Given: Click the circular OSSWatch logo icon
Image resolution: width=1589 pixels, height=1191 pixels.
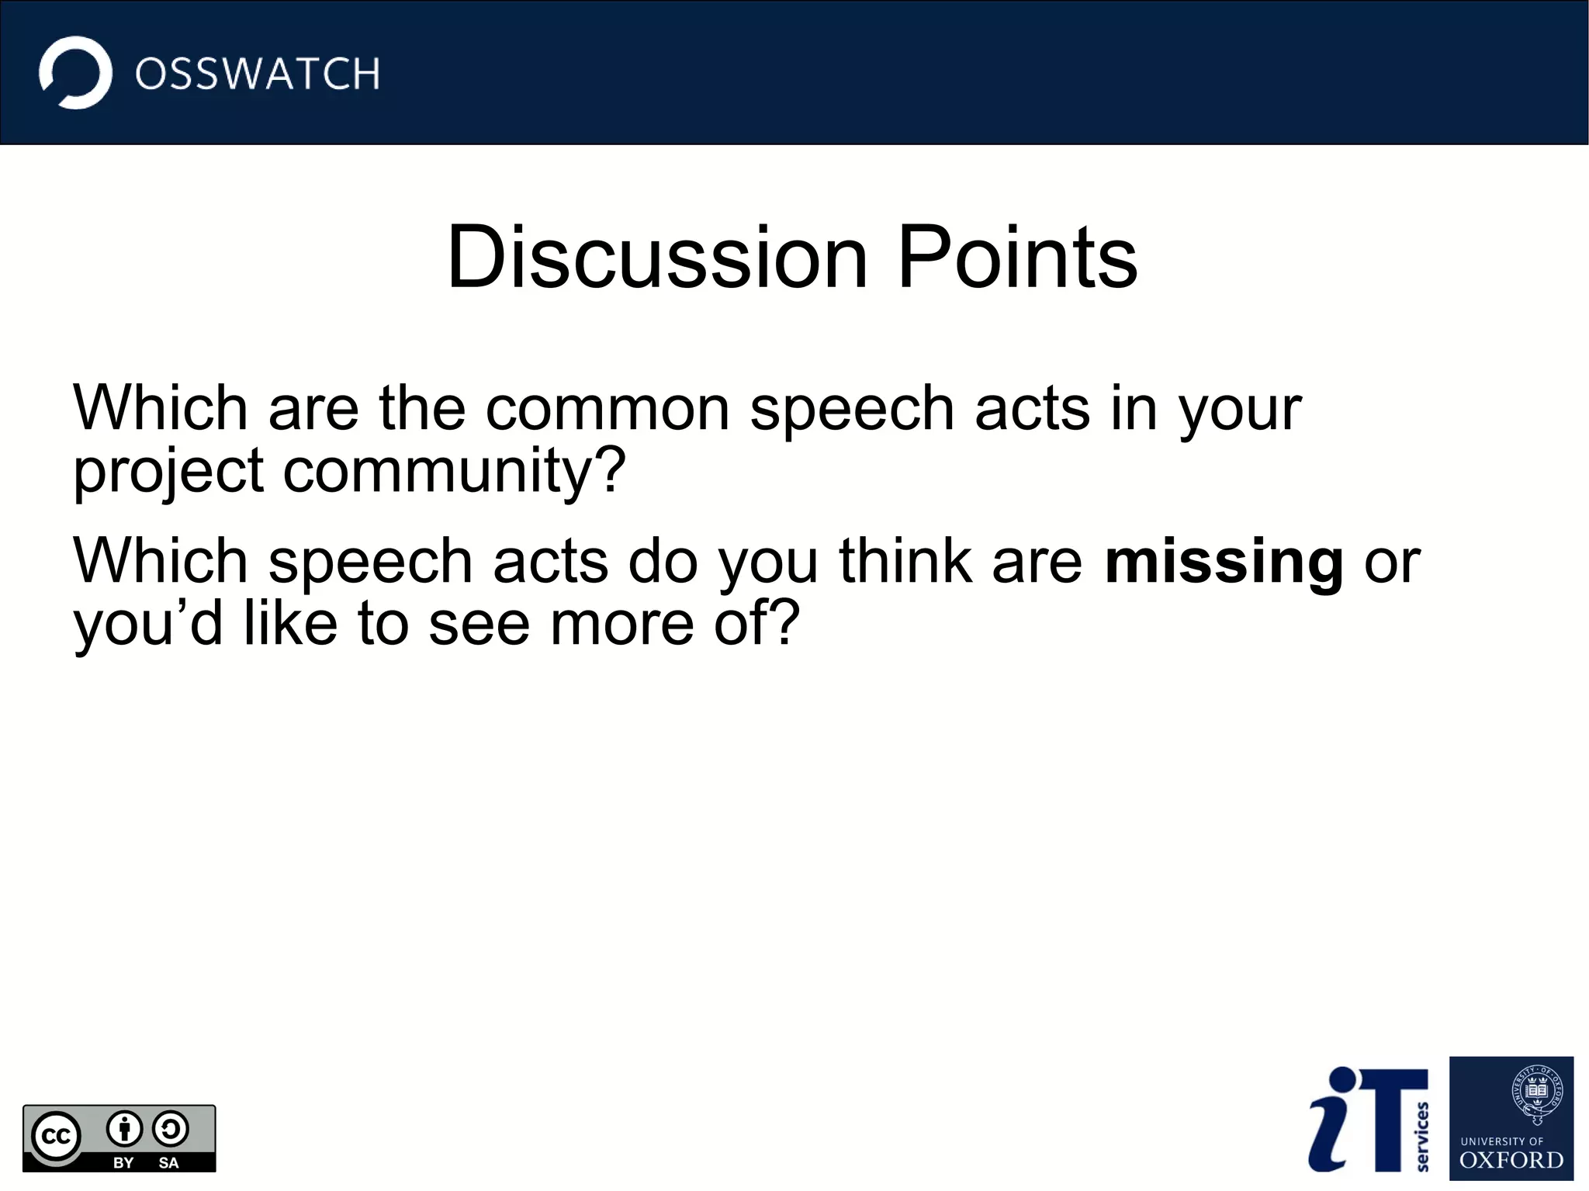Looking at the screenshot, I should coord(75,73).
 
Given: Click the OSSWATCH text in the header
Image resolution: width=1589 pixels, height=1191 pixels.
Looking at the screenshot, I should coord(257,74).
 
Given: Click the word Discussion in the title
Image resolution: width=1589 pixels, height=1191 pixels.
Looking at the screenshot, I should coord(656,258).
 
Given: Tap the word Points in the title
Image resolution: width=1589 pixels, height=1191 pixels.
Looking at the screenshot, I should coord(1017,258).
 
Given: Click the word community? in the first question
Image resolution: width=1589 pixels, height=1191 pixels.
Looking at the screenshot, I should coord(454,470).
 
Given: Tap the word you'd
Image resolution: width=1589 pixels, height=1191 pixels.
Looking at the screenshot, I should coord(147,625).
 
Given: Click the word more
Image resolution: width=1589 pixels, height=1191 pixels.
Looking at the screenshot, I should coord(621,625).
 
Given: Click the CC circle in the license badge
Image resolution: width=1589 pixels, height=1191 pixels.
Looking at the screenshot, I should coord(56,1137).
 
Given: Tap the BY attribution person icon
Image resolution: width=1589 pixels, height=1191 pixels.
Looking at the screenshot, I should coord(124,1129).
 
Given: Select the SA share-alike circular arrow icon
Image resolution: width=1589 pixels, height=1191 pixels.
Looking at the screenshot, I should coord(171,1129).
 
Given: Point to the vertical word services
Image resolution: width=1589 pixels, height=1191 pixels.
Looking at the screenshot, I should coord(1422,1136).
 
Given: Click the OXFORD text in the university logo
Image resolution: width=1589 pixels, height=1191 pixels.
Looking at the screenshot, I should coord(1511,1161).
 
